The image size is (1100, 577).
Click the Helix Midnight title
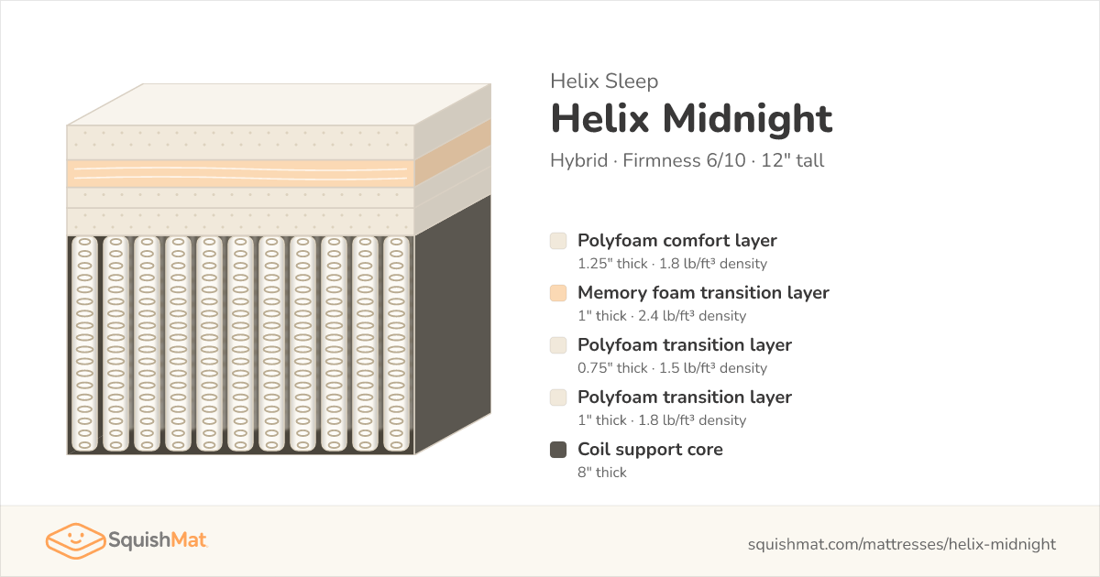click(691, 119)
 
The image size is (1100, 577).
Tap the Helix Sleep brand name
click(604, 81)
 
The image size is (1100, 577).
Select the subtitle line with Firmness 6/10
click(687, 160)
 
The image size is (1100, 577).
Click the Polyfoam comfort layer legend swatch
click(558, 241)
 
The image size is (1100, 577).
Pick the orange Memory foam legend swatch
click(558, 293)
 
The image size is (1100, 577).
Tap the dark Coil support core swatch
click(558, 450)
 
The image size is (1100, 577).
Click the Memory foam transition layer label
click(703, 292)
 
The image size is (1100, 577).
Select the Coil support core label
click(650, 450)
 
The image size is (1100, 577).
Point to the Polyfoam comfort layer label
click(677, 240)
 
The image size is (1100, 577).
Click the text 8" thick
click(602, 472)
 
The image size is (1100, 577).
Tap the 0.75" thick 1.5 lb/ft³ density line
click(672, 367)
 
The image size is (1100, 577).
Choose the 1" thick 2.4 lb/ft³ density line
click(662, 315)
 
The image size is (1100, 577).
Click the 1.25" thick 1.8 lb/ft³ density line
click(672, 264)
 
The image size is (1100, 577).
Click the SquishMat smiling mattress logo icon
click(75, 540)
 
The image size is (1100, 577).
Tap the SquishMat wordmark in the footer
click(158, 539)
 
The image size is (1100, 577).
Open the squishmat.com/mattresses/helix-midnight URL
click(902, 544)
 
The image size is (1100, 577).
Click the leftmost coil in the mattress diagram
click(84, 343)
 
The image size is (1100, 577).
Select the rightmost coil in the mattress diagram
click(396, 343)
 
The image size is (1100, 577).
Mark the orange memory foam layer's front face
click(240, 173)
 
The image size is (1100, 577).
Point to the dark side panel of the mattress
click(453, 325)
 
